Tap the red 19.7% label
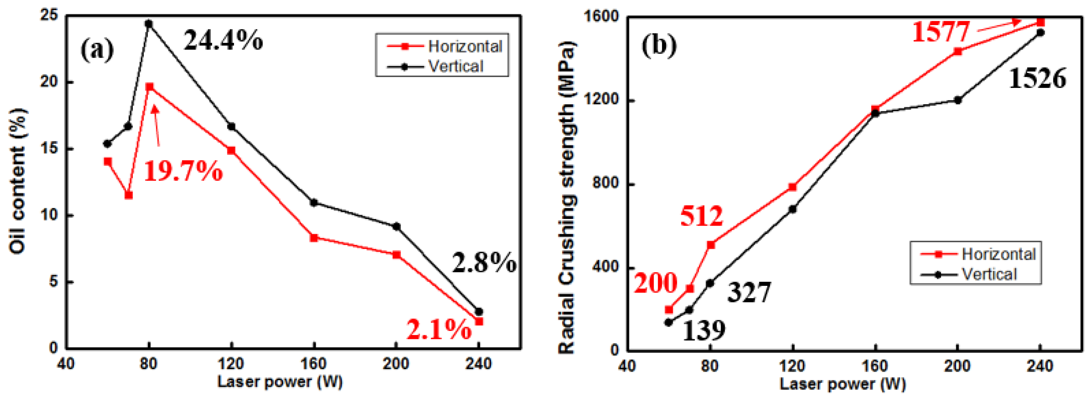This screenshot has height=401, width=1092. [x=183, y=172]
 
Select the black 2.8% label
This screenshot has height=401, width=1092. [x=484, y=263]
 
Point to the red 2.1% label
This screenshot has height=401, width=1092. [x=439, y=330]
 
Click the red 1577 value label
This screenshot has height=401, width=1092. [x=941, y=32]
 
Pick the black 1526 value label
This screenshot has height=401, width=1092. [x=1037, y=79]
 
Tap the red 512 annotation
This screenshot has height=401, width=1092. [x=702, y=216]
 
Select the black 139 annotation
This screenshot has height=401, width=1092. [x=704, y=330]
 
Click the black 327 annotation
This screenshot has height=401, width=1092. [x=749, y=293]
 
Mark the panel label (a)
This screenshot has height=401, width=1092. [x=97, y=49]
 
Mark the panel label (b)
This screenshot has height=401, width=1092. [x=659, y=45]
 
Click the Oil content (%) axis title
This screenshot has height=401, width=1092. [x=18, y=181]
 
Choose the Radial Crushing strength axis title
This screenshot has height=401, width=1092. [x=567, y=197]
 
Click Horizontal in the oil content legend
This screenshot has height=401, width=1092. [x=465, y=46]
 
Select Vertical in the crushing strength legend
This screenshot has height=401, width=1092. [x=989, y=274]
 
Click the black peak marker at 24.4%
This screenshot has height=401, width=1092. [x=148, y=24]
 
